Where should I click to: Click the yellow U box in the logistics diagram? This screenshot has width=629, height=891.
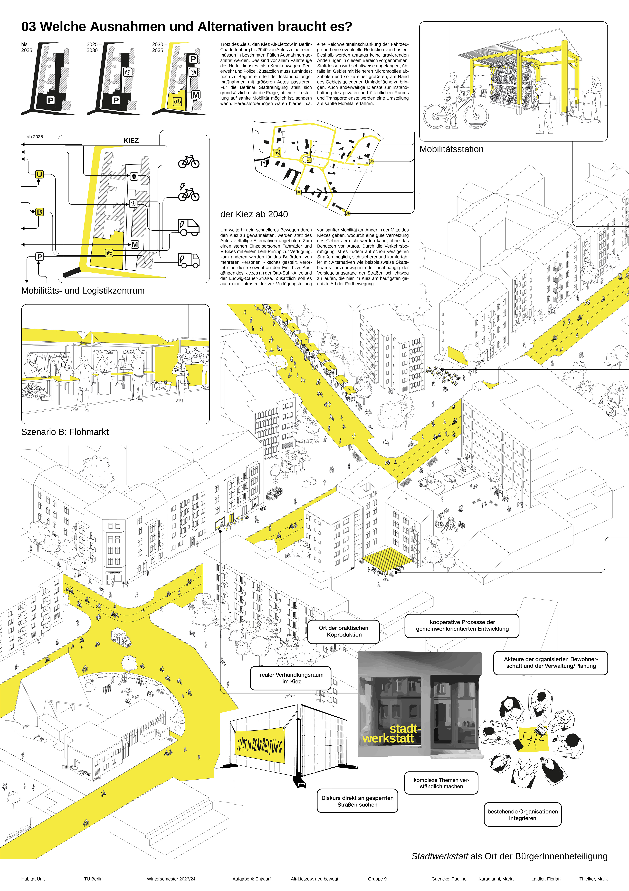[x=39, y=174]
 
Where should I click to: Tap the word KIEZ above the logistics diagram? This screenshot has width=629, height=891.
[x=131, y=140]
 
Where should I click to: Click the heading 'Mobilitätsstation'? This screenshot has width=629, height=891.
[x=451, y=149]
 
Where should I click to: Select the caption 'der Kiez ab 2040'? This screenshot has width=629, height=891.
[x=254, y=214]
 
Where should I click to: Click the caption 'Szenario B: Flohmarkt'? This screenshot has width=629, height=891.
[x=65, y=432]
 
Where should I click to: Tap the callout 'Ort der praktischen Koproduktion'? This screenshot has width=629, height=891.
[x=344, y=631]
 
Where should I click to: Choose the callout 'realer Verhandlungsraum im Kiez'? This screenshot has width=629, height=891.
[x=291, y=678]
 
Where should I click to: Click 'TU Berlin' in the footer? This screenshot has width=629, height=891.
[x=93, y=879]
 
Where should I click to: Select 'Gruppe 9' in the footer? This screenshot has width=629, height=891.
[x=377, y=879]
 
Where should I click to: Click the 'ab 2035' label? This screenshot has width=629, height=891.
[x=35, y=137]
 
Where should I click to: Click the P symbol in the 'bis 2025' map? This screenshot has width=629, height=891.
[x=50, y=100]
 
